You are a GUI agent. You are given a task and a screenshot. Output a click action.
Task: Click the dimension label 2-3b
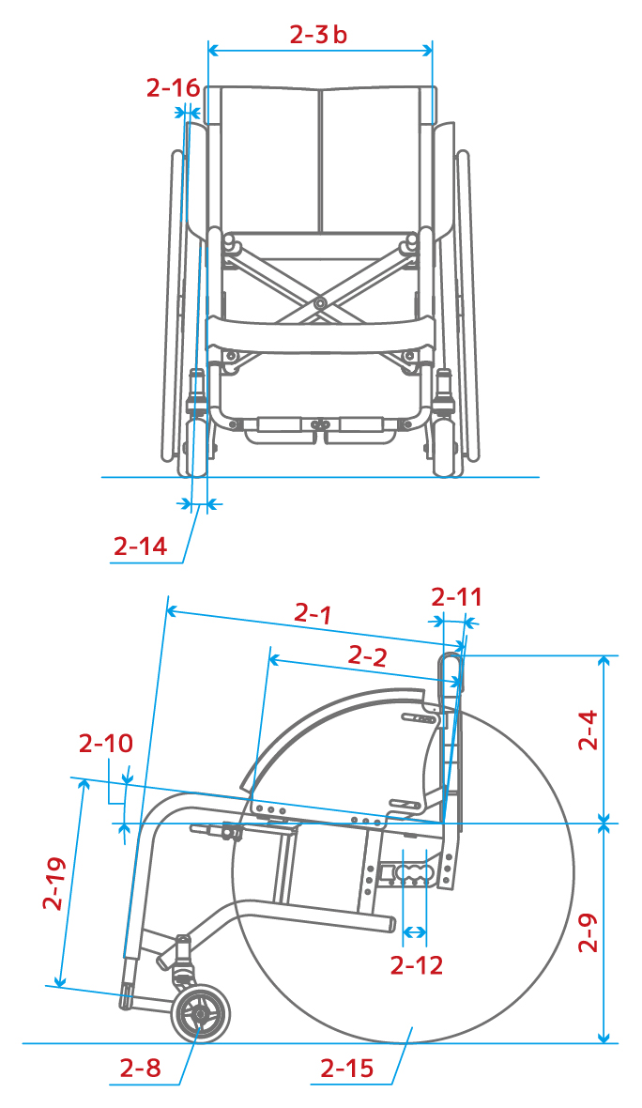click(318, 34)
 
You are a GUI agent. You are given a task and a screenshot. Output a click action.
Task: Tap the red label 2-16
click(173, 88)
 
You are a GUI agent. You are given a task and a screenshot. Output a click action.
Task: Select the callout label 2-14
click(141, 546)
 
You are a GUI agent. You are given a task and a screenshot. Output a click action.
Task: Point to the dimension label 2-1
click(313, 613)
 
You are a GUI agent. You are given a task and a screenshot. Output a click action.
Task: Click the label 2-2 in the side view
click(368, 656)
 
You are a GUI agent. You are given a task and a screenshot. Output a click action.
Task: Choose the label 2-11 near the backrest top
click(457, 598)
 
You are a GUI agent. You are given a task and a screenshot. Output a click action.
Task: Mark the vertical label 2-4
click(588, 730)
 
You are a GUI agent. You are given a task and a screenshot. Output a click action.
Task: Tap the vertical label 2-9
click(588, 932)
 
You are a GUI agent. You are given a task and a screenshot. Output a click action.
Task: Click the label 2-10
click(106, 744)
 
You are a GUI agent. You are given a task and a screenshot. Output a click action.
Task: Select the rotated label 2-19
click(54, 884)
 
